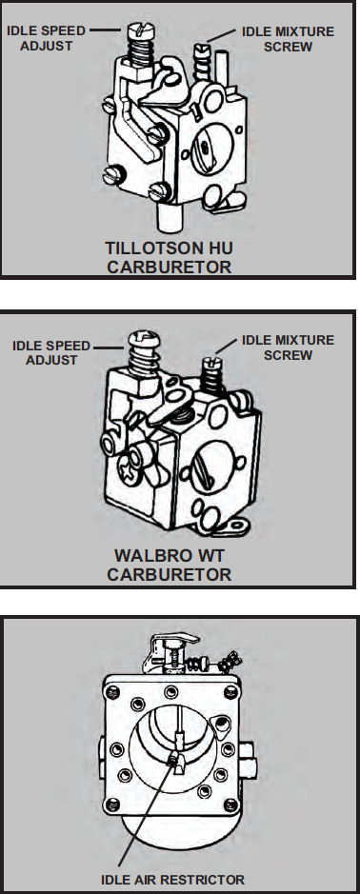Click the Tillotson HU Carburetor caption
170,258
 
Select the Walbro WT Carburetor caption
170,565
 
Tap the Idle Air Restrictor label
173,880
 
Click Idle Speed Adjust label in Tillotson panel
46,38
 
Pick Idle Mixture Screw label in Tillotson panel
289,39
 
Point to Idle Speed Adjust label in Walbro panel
51,353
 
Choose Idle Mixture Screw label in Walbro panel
289,348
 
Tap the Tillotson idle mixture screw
203,60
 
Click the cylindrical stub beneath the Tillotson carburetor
170,217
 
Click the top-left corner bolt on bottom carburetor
112,692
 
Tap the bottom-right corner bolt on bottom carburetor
231,805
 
